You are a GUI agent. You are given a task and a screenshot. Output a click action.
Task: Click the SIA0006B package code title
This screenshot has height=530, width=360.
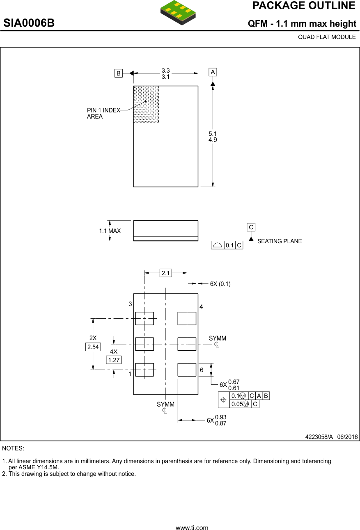(29, 23)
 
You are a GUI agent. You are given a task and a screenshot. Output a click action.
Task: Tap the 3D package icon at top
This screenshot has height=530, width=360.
(178, 11)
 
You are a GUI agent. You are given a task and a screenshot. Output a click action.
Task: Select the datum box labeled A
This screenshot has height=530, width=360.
(213, 72)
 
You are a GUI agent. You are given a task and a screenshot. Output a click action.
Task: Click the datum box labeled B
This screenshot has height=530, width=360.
(119, 73)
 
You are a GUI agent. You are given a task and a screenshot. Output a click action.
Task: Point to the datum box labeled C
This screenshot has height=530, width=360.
(251, 227)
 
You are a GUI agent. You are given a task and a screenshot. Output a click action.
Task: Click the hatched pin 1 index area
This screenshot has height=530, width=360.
(146, 104)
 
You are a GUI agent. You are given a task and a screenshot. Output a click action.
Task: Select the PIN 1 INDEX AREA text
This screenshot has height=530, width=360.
(103, 113)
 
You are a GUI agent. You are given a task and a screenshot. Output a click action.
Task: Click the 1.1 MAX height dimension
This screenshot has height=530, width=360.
(110, 231)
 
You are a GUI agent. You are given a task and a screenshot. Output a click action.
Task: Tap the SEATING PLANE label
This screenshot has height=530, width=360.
(279, 241)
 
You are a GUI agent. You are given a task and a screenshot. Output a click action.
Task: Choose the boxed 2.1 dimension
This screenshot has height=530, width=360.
(166, 273)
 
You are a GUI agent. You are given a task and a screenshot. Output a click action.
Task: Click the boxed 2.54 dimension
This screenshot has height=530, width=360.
(93, 347)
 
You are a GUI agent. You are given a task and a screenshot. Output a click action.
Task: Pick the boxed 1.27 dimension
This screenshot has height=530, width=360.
(113, 360)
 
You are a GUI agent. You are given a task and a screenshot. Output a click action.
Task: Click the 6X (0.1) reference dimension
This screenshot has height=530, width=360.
(220, 284)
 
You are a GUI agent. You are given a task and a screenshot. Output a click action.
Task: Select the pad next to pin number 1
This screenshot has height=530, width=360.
(144, 370)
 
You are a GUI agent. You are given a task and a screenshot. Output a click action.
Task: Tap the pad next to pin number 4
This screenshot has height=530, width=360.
(187, 318)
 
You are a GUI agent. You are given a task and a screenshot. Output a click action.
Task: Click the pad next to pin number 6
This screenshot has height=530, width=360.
(187, 370)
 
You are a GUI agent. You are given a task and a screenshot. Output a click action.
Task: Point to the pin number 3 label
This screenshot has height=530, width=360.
(130, 304)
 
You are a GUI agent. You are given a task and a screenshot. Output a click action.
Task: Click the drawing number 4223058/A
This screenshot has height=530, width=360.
(319, 437)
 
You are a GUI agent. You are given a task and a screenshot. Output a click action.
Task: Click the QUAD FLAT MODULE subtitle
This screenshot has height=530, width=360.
(327, 37)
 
